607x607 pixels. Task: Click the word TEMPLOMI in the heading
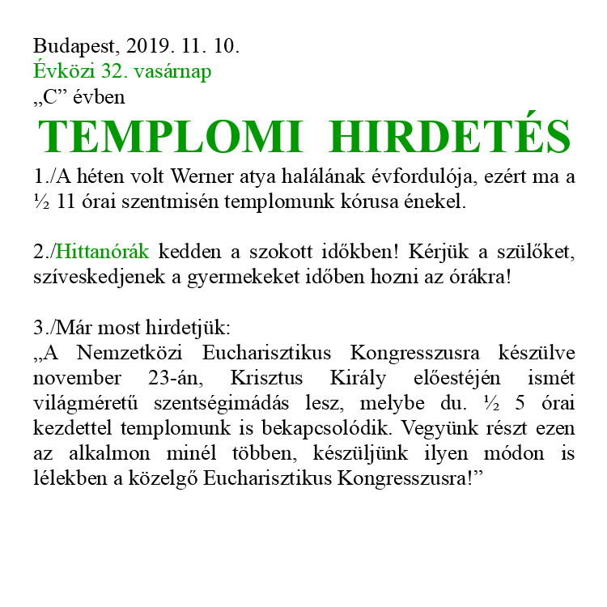click(x=170, y=137)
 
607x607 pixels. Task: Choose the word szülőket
click(x=540, y=252)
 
